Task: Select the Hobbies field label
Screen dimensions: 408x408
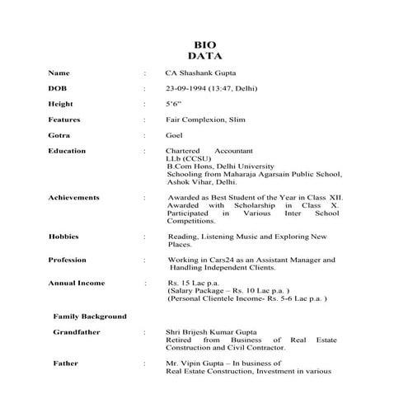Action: coord(63,237)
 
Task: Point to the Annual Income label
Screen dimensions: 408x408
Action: coord(76,284)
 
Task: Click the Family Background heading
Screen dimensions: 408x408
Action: coord(90,316)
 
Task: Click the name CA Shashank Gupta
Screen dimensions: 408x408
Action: coord(199,72)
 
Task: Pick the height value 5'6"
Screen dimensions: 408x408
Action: coord(173,104)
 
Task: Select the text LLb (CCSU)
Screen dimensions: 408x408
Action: coord(186,159)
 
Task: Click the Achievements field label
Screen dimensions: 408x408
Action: coord(74,198)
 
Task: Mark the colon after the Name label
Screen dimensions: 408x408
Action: coord(146,73)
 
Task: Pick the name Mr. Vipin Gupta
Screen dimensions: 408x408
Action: coord(195,363)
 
